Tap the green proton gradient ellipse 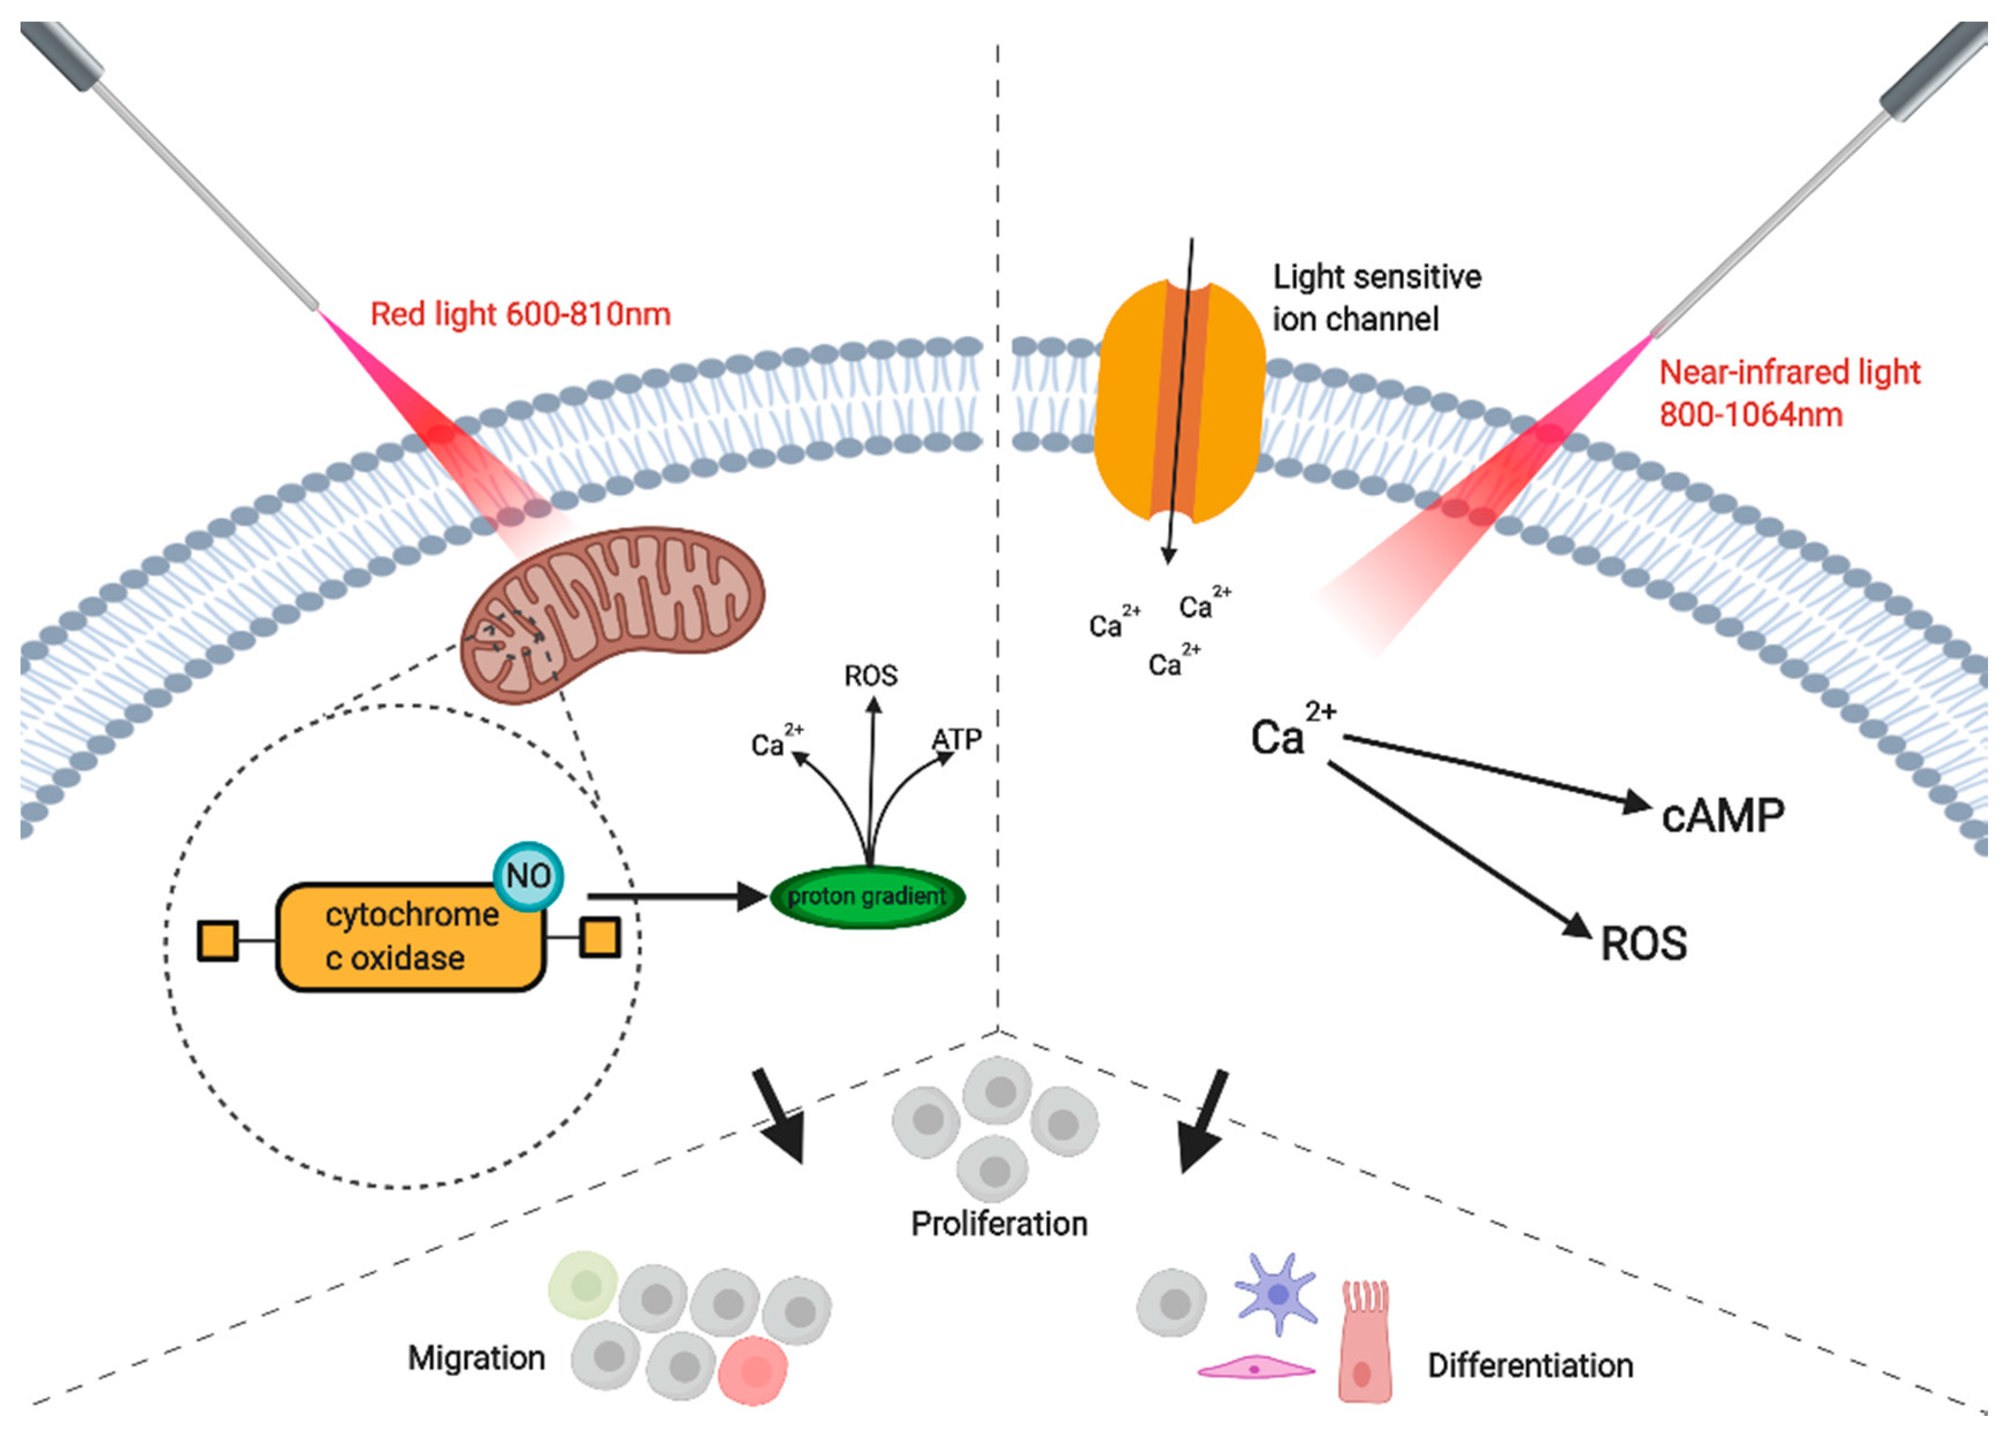[x=867, y=897]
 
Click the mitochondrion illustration [x=613, y=613]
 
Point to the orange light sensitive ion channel [x=1181, y=403]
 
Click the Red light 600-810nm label [x=520, y=314]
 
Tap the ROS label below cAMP [x=1643, y=944]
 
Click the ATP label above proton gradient [x=957, y=738]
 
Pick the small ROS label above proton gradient [x=871, y=676]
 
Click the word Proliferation [x=999, y=1224]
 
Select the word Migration [x=476, y=1357]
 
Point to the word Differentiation [x=1530, y=1365]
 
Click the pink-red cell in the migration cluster [x=753, y=1370]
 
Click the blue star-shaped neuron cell [x=1276, y=1293]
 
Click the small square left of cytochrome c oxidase [x=218, y=941]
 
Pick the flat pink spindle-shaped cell [x=1255, y=1369]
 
